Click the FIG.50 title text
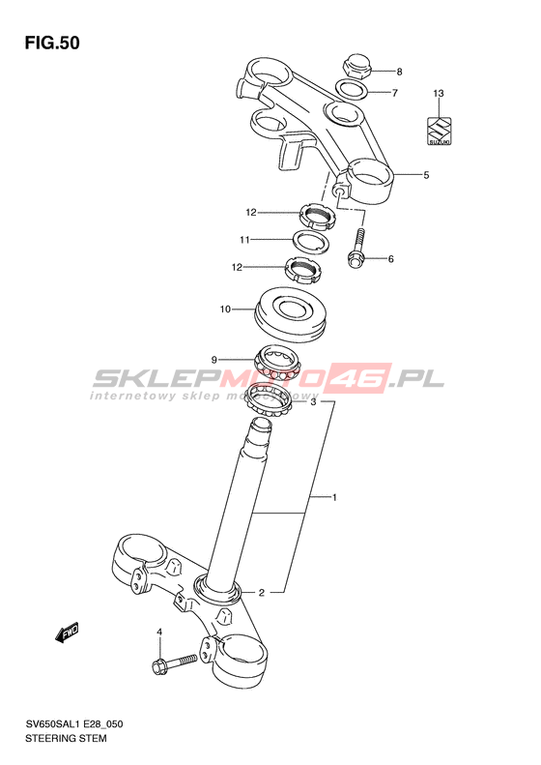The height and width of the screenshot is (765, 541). coord(52,44)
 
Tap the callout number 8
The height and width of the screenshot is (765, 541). coord(399,73)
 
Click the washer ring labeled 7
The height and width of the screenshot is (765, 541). coord(352,90)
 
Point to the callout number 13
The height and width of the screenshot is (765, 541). coord(439,93)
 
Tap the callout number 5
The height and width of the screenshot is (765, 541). coord(426,175)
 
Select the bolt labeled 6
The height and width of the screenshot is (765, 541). coord(356,249)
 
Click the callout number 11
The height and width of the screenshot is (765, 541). coord(244,240)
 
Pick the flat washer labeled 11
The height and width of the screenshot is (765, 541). coord(312,241)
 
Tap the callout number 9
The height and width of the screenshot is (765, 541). coord(214,360)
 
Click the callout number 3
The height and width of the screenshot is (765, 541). coord(313,402)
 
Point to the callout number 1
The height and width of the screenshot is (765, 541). coord(335,498)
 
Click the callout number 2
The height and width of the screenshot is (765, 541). coord(261,593)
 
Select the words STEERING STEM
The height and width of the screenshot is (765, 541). coord(66,738)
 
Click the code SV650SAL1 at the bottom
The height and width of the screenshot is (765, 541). coord(52,724)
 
